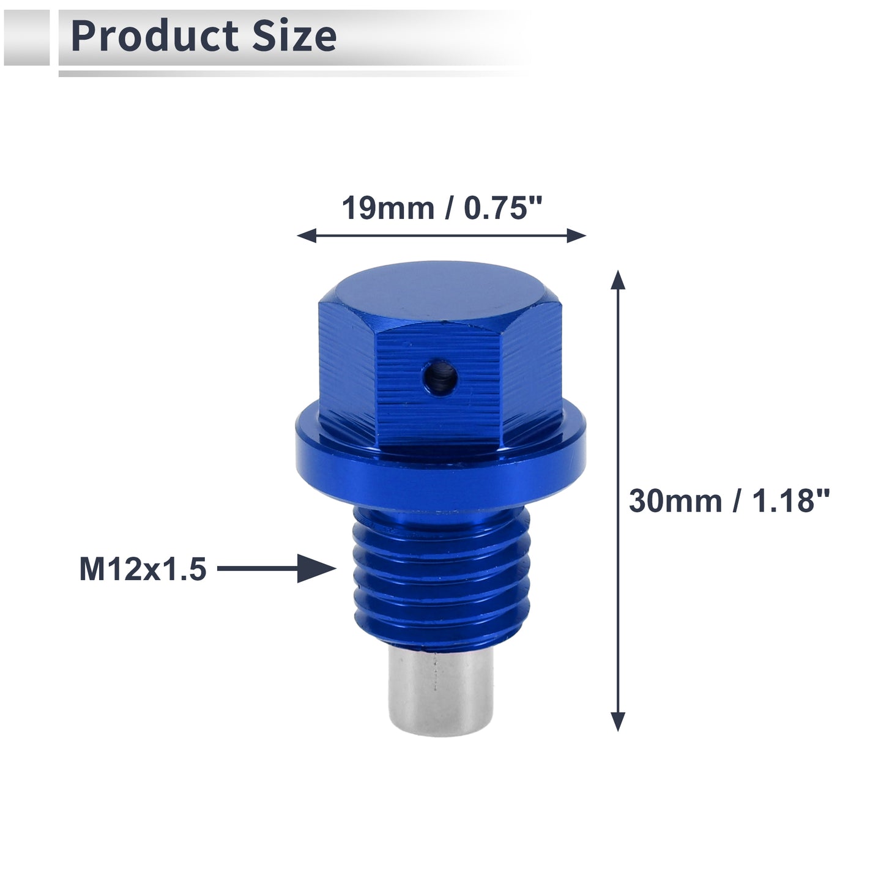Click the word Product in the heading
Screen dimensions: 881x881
tap(155, 36)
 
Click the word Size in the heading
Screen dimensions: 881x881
tap(294, 36)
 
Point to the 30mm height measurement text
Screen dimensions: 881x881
tap(675, 500)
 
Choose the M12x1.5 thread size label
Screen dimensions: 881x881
tap(143, 569)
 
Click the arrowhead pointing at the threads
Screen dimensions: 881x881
tap(316, 569)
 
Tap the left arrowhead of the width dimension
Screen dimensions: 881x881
tap(307, 236)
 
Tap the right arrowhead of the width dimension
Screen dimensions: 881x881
tap(576, 236)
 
